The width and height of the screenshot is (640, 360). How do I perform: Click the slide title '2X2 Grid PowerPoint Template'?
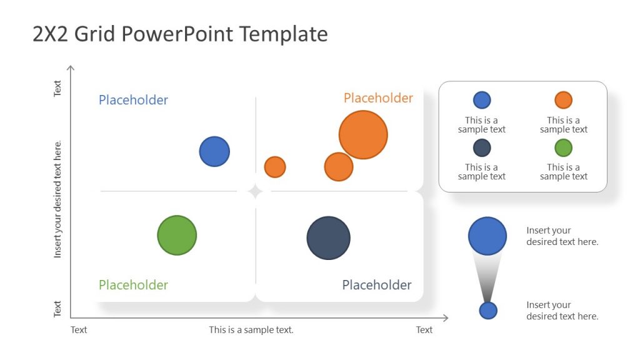180,34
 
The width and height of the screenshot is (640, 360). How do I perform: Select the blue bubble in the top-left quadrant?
214,152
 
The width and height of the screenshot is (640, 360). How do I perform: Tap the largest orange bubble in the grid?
363,135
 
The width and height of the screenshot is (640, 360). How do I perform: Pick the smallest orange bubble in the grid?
275,167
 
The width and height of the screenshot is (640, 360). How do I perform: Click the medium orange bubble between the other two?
339,167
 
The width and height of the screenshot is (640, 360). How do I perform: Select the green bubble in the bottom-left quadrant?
177,236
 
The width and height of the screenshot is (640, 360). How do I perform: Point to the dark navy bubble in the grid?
328,238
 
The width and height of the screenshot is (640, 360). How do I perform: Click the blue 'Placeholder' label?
133,100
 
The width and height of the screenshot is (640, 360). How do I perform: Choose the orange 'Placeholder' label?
378,98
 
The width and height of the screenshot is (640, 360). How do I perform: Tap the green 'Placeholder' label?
133,285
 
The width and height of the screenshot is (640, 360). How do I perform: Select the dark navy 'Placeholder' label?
377,285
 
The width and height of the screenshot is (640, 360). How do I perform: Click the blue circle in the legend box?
482,100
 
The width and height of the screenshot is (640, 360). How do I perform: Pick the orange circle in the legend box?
563,100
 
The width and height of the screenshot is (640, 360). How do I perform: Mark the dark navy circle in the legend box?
482,148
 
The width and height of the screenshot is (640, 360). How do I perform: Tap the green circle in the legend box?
563,148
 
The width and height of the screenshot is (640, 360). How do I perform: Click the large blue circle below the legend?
487,236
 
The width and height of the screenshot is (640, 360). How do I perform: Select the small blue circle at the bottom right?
488,311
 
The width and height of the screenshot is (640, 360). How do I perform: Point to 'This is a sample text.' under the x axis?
251,330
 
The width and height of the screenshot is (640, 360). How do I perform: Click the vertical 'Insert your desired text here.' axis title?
58,199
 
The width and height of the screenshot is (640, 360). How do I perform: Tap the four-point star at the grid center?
255,191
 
